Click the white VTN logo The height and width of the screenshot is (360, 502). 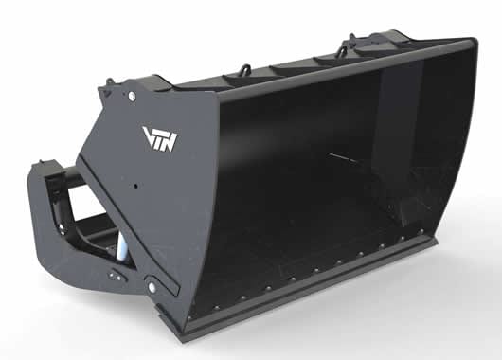tap(160, 138)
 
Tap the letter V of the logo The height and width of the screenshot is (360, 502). tap(148, 135)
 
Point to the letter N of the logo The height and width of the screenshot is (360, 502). tap(170, 142)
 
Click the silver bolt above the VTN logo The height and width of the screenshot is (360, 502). tap(132, 96)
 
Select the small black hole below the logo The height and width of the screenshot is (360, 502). tap(136, 186)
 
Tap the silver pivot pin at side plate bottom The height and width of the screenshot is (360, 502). tap(151, 286)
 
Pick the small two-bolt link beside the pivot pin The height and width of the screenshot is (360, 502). tap(115, 276)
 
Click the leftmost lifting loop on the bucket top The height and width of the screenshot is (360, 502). tap(246, 68)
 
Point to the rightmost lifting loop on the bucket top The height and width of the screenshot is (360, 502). tap(351, 38)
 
